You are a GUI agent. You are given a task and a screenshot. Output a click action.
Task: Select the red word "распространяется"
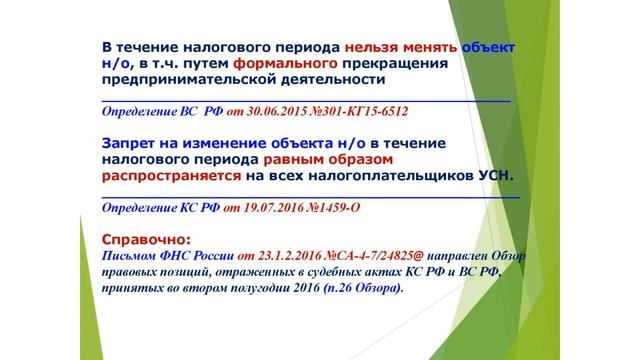[x=171, y=175]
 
